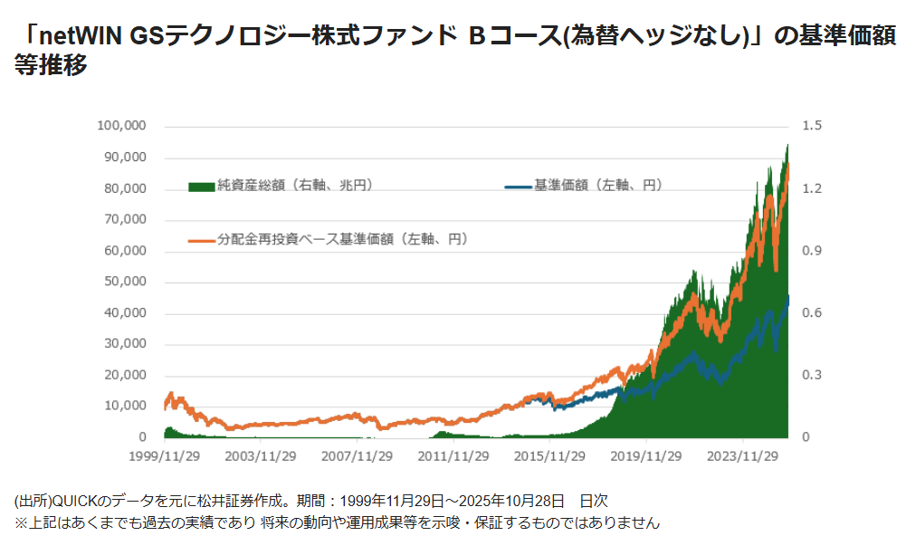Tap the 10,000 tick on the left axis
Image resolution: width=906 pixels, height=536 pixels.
point(126,406)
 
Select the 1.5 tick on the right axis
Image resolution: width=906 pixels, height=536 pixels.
point(812,125)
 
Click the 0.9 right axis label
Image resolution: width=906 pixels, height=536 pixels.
point(812,250)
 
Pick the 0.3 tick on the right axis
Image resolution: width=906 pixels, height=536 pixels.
point(812,375)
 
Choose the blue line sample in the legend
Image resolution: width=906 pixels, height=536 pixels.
point(518,186)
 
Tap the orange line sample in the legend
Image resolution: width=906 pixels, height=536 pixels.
point(201,240)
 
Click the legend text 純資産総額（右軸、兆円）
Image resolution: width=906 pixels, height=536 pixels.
point(294,186)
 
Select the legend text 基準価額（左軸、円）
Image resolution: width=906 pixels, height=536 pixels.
point(598,186)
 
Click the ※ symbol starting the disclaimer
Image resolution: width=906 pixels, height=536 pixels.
point(21,522)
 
